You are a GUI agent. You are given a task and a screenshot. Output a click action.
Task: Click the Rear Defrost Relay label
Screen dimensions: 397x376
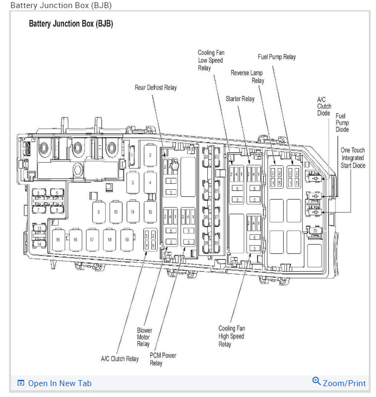[156, 87]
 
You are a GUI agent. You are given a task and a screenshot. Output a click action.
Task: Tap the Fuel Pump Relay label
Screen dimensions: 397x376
[277, 57]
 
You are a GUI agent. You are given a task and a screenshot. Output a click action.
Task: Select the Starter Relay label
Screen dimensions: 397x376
[240, 99]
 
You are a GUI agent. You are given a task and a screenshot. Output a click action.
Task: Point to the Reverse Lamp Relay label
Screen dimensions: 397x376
[247, 76]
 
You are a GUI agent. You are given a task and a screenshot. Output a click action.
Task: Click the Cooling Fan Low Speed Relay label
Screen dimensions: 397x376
[211, 60]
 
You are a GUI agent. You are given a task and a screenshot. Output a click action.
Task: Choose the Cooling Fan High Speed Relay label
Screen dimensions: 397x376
[232, 336]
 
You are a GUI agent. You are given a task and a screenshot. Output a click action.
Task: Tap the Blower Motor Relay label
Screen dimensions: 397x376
[144, 337]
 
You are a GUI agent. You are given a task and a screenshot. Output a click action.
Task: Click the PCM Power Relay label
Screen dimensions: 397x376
[163, 359]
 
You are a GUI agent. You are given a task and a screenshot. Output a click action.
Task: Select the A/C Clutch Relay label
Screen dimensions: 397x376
[120, 358]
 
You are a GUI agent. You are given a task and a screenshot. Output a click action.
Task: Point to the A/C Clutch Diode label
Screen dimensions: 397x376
[324, 106]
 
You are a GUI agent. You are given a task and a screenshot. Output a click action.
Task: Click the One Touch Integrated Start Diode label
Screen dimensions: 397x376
[353, 157]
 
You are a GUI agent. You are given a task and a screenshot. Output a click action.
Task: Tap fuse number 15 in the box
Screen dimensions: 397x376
[58, 239]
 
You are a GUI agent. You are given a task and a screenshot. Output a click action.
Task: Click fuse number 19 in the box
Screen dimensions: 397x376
[127, 239]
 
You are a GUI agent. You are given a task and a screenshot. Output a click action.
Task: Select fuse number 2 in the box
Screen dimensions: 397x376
[150, 155]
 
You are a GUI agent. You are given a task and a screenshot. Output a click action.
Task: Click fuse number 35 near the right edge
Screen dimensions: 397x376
[315, 231]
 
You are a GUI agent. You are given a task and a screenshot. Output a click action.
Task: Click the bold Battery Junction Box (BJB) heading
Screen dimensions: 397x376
[71, 24]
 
